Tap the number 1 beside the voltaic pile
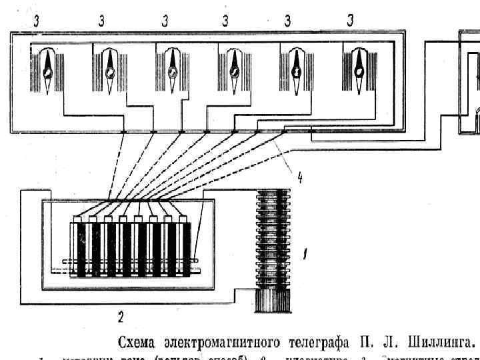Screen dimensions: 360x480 [x=305, y=253]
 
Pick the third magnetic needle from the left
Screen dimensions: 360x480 [x=172, y=70]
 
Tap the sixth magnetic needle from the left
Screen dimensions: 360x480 [x=360, y=70]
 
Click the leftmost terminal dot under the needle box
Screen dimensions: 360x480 [x=124, y=132]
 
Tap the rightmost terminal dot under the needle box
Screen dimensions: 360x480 [x=283, y=132]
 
